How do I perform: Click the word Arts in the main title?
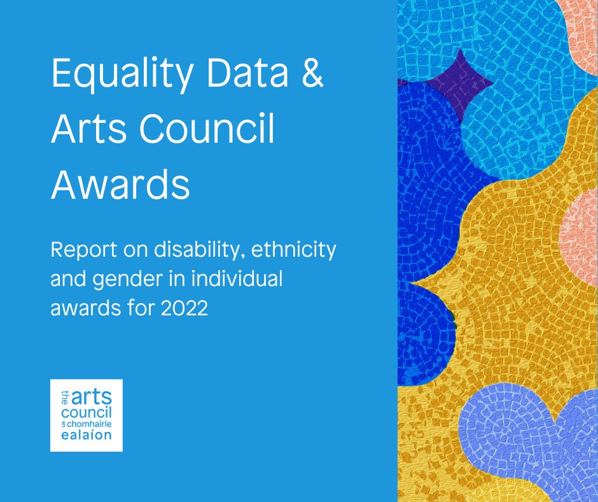coord(88,128)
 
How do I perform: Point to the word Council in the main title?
coord(207,128)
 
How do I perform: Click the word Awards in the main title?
coord(120,183)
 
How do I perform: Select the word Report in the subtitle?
coord(83,250)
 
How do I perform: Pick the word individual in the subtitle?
coord(237,278)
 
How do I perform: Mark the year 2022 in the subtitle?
coord(184,308)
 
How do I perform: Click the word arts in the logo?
coord(92,398)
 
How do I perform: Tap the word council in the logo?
coord(87,413)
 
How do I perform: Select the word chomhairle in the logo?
coord(89,424)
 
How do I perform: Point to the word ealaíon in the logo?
coord(87,434)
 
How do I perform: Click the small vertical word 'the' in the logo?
coord(65,398)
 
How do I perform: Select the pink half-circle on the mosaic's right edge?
coord(580,237)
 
